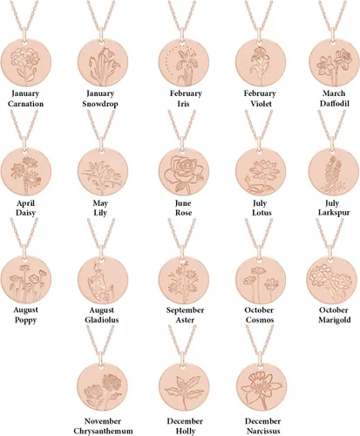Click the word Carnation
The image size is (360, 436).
point(25,104)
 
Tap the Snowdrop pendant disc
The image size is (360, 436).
point(102,63)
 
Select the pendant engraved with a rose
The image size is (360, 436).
point(184,172)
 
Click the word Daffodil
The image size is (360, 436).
point(335,104)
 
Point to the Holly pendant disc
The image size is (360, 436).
point(184,387)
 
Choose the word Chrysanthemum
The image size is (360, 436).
point(103,431)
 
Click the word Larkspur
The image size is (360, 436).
point(334,213)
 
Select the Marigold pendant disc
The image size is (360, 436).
point(331,280)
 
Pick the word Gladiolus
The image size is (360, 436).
point(102,320)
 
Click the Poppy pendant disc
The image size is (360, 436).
point(26,280)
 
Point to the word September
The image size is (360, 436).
point(185,310)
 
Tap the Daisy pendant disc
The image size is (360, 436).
point(26,172)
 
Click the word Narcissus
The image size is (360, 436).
point(263,431)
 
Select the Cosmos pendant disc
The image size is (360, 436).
point(261,280)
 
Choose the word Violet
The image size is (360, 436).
point(261,104)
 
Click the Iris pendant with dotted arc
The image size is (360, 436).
point(184,63)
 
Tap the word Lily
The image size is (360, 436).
point(100,213)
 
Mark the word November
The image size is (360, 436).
point(103,421)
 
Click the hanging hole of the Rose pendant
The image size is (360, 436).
point(183,152)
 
